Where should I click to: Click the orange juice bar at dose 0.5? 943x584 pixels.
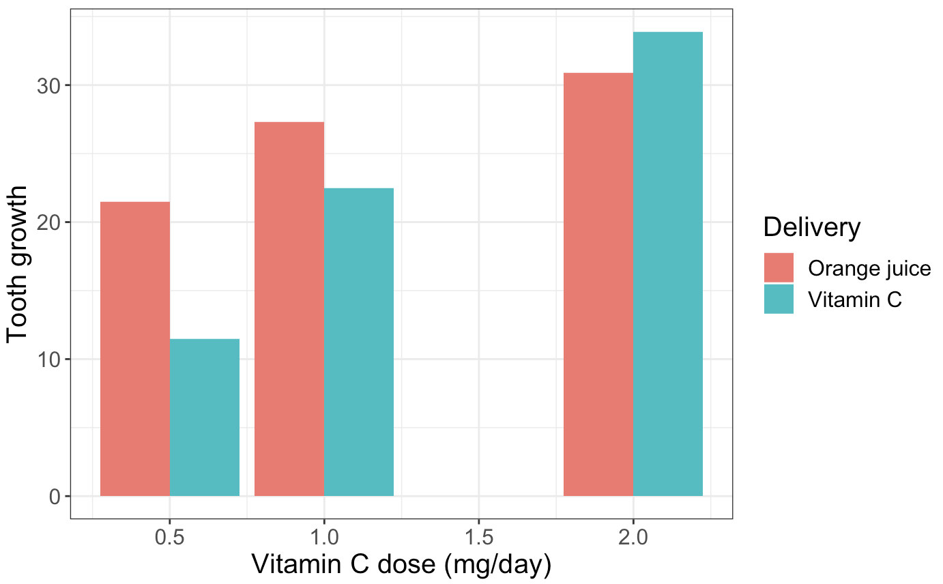click(135, 349)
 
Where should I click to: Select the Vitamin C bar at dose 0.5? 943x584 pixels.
click(205, 417)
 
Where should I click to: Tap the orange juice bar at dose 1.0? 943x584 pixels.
click(289, 308)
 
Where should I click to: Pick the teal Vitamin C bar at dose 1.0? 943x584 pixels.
click(359, 342)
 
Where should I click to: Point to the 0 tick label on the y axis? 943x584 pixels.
click(55, 497)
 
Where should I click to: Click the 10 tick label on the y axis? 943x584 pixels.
click(49, 360)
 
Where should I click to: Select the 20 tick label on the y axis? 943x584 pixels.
click(49, 222)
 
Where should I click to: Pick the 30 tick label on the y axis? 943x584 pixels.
click(49, 85)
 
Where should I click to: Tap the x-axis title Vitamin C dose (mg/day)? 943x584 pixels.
click(401, 565)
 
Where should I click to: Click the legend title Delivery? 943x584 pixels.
click(812, 227)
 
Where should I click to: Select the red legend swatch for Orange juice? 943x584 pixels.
click(779, 267)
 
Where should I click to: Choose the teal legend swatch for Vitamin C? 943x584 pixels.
click(779, 299)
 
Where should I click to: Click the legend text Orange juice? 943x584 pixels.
click(869, 268)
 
